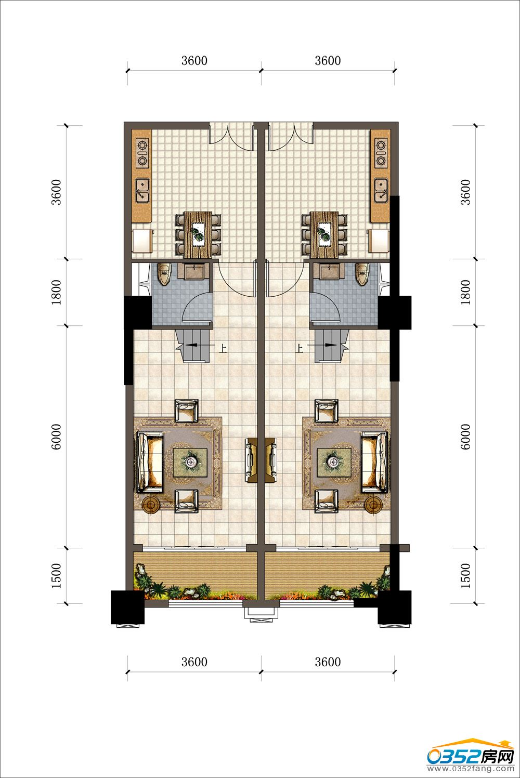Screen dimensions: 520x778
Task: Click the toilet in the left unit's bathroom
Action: (x=164, y=274)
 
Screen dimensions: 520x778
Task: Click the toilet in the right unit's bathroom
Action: (x=362, y=274)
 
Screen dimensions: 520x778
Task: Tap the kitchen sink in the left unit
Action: (x=142, y=190)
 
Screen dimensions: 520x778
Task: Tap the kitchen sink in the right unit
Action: (x=381, y=190)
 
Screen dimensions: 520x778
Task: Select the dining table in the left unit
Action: (x=198, y=235)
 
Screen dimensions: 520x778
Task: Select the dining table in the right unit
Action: (x=324, y=235)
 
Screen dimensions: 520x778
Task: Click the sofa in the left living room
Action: (x=150, y=462)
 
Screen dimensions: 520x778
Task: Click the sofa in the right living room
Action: (x=375, y=462)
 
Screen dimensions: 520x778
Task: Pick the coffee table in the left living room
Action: (x=190, y=461)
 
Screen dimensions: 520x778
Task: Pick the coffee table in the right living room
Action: (x=334, y=461)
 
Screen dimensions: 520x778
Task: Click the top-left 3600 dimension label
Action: (x=194, y=61)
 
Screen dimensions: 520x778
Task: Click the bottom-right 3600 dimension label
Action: (x=328, y=662)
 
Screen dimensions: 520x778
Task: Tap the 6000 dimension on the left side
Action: (x=56, y=437)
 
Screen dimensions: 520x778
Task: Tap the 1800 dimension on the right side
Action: (x=465, y=292)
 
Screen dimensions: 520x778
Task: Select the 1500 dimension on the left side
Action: (x=56, y=576)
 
